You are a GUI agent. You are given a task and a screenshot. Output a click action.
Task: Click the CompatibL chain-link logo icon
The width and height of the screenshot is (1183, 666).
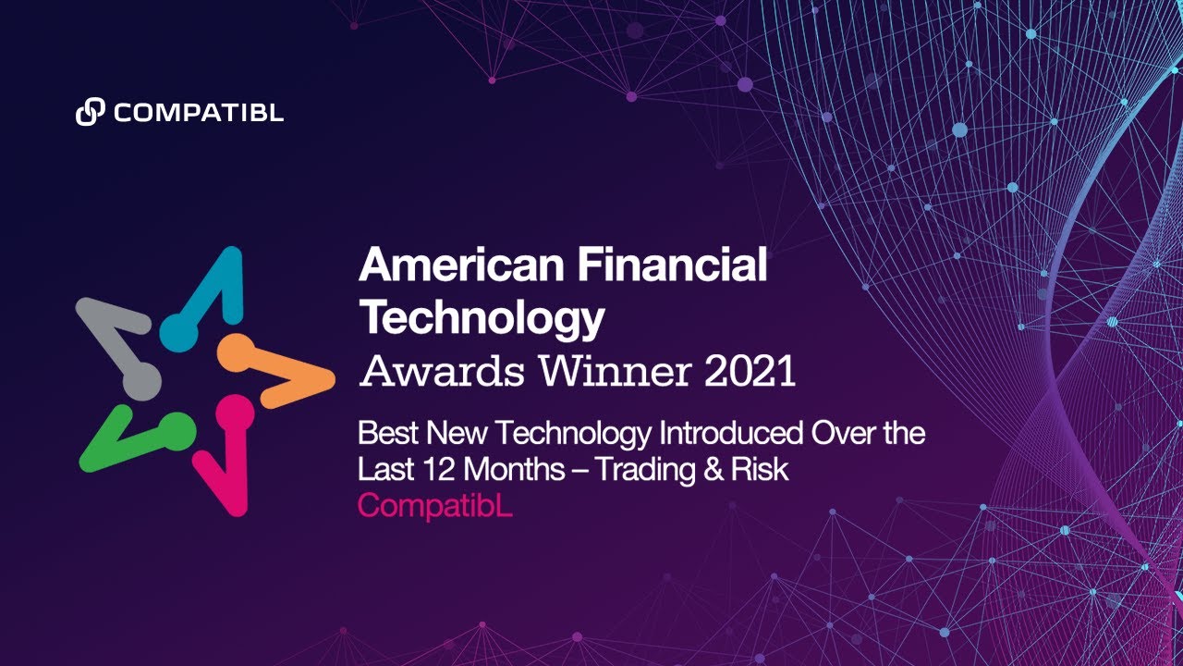point(90,113)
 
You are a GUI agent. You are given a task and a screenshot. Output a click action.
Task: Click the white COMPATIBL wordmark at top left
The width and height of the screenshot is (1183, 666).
point(199,114)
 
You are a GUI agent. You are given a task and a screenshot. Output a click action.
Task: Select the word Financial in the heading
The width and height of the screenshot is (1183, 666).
point(672,267)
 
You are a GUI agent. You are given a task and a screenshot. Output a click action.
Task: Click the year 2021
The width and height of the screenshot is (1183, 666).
point(750,372)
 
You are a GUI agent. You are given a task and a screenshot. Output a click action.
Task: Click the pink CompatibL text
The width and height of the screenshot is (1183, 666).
point(434,507)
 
